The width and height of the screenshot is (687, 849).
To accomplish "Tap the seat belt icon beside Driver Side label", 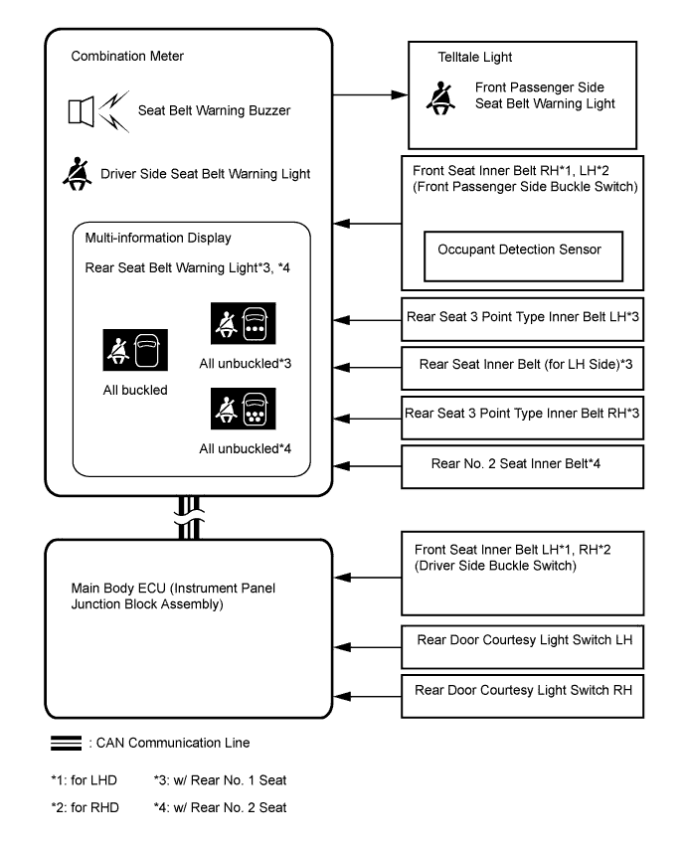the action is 77,174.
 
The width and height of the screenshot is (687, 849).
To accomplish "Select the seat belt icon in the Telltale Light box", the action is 440,98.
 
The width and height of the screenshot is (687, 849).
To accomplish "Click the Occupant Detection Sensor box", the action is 523,256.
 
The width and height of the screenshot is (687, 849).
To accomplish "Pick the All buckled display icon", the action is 135,350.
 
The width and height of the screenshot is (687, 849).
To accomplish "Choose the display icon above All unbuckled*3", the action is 243,323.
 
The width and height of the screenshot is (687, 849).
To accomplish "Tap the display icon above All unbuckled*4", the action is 243,409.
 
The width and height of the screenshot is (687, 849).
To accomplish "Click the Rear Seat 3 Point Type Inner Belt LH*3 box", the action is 522,319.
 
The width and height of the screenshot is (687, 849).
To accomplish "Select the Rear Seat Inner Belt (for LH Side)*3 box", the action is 522,368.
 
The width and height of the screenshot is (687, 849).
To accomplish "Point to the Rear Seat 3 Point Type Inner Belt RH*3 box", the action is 522,418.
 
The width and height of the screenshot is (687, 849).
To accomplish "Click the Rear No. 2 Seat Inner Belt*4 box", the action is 522,466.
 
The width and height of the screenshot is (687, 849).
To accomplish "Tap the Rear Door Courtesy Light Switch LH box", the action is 522,647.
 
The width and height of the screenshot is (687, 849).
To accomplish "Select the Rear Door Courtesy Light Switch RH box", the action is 522,696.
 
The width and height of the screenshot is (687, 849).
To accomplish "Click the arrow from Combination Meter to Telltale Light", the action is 370,94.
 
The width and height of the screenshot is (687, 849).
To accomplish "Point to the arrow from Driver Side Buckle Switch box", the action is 368,578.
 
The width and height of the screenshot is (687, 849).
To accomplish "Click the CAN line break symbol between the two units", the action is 189,518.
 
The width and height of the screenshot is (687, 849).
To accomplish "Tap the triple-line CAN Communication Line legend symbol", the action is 66,743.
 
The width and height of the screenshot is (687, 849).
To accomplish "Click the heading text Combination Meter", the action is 127,57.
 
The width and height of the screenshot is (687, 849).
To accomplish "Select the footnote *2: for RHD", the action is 85,807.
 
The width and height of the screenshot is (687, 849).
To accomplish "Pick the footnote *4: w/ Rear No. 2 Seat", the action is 220,807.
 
